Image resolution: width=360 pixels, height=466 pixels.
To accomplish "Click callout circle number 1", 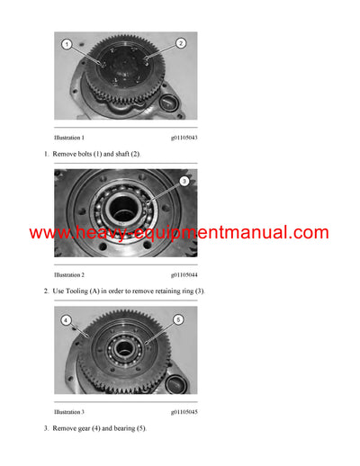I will click(x=67, y=43).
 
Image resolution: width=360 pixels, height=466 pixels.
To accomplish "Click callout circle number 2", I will click(x=181, y=42).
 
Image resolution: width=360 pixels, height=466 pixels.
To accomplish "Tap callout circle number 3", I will click(x=184, y=181).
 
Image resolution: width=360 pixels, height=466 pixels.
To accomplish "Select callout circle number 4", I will click(x=67, y=319).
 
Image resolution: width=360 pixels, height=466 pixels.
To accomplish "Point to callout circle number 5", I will click(x=177, y=319).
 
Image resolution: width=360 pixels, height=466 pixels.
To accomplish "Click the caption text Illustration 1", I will click(x=69, y=138).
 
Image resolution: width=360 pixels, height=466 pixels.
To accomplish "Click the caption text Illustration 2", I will click(x=69, y=274).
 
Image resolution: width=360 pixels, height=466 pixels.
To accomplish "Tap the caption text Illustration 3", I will click(x=69, y=411).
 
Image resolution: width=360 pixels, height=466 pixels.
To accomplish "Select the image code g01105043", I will click(x=185, y=138).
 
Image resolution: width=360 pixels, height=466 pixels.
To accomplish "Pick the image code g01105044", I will click(x=185, y=274).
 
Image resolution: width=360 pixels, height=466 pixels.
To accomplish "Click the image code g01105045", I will click(x=185, y=411).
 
